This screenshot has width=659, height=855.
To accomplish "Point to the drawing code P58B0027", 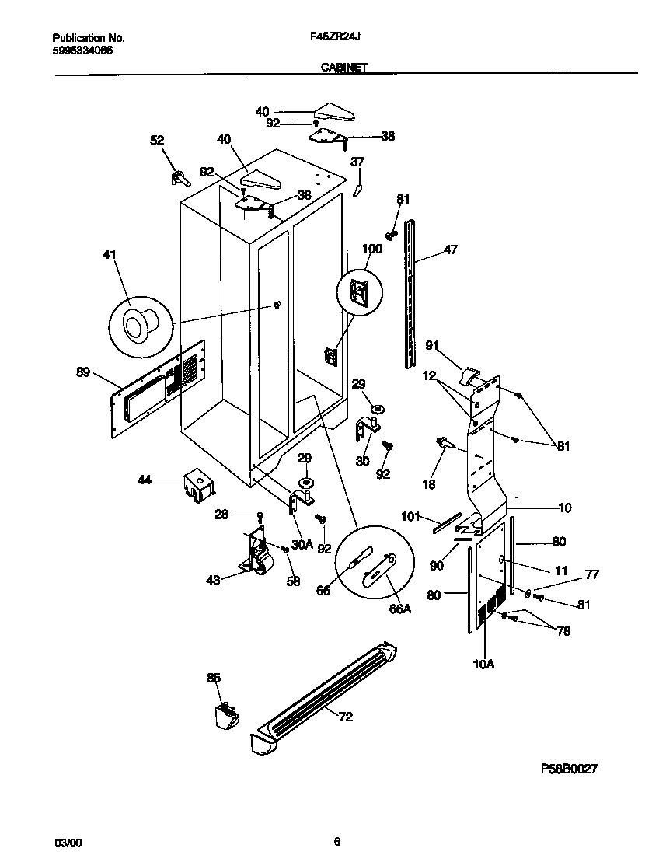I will click(569, 769).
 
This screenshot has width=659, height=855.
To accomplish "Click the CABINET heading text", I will click(343, 68).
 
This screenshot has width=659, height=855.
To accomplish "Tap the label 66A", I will click(399, 609).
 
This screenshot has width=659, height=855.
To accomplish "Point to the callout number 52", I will click(157, 140).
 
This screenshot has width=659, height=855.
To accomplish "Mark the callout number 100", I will click(373, 250).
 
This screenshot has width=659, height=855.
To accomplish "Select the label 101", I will click(410, 516).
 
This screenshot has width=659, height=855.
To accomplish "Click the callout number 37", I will click(357, 162).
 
